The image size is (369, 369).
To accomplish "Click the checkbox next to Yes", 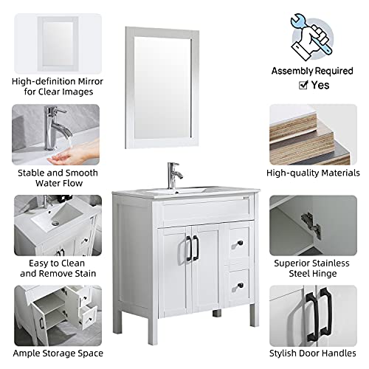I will point(302,85).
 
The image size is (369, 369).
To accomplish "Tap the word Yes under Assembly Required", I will point(321,85).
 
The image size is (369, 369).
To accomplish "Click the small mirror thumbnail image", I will point(58,44).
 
